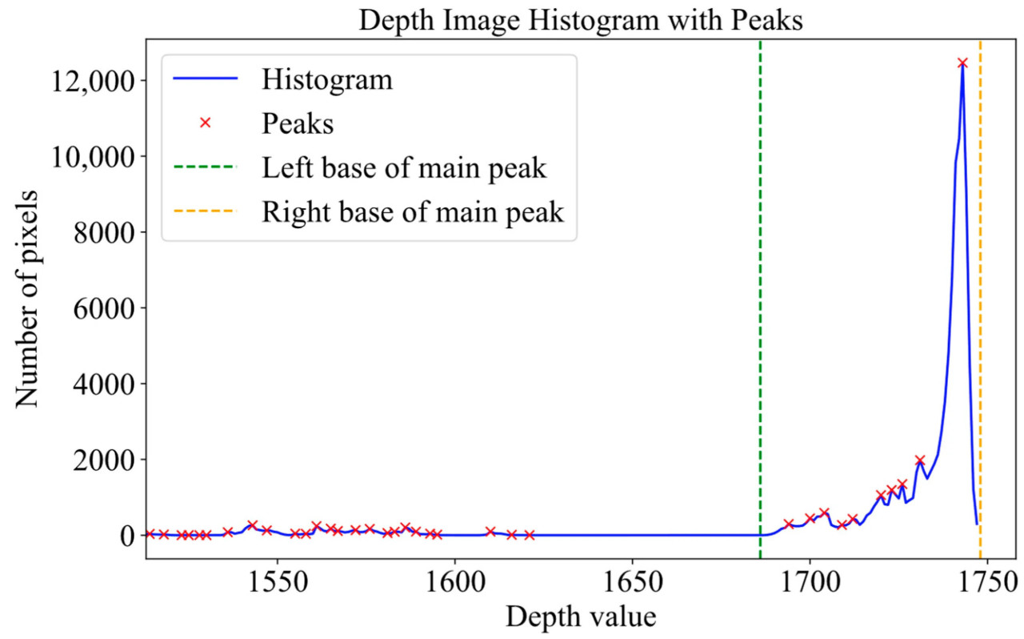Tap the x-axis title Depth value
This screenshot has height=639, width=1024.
(580, 617)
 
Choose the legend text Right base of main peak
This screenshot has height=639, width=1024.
(413, 212)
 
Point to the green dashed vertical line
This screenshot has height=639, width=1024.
(760, 320)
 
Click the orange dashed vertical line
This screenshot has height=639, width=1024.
(980, 320)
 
